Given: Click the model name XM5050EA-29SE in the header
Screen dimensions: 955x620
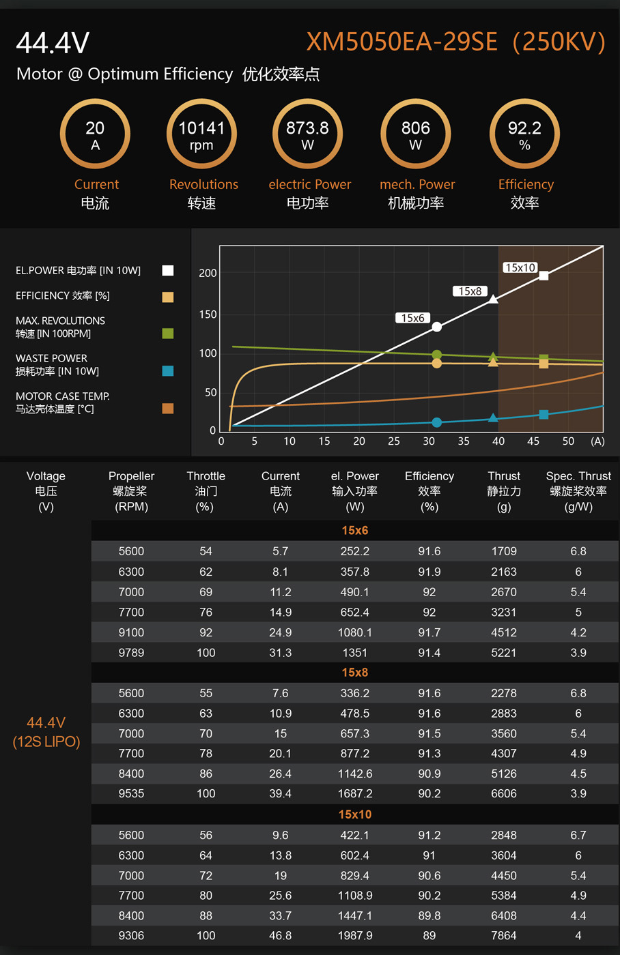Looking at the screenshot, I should pos(401,42).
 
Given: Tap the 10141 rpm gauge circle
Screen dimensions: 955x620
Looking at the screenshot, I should pos(201,134).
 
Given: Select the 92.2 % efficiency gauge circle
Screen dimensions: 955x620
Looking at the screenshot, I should pos(524,134).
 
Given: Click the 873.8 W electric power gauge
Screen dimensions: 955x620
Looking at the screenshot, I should pos(307,134).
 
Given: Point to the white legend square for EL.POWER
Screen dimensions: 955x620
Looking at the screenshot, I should pos(168,271).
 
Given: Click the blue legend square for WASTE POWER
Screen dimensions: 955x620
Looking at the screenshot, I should pos(168,371).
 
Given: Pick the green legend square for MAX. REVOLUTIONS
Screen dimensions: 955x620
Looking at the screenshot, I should pos(168,334).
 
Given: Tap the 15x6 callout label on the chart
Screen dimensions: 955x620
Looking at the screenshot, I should pos(413,318).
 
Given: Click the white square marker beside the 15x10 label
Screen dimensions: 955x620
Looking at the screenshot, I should pos(544,276).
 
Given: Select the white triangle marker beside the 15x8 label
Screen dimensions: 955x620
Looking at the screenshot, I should pos(493,299).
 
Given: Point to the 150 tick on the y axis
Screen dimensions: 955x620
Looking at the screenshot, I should pos(208,314).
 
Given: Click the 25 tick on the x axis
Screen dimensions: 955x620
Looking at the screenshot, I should pos(394,441).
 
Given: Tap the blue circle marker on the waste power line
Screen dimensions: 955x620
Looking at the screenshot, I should pos(437,422).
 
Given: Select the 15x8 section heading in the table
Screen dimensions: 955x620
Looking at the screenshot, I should pos(355,673).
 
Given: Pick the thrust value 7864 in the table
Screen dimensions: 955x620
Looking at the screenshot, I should pos(504,936).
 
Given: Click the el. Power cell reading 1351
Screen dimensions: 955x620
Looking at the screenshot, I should pos(355,653).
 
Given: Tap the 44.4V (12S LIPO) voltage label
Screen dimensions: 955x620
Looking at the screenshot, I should pos(46,732).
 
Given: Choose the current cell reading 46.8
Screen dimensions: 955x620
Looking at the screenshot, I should pos(281,936).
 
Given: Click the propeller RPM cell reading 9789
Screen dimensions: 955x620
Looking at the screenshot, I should pos(131,653).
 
